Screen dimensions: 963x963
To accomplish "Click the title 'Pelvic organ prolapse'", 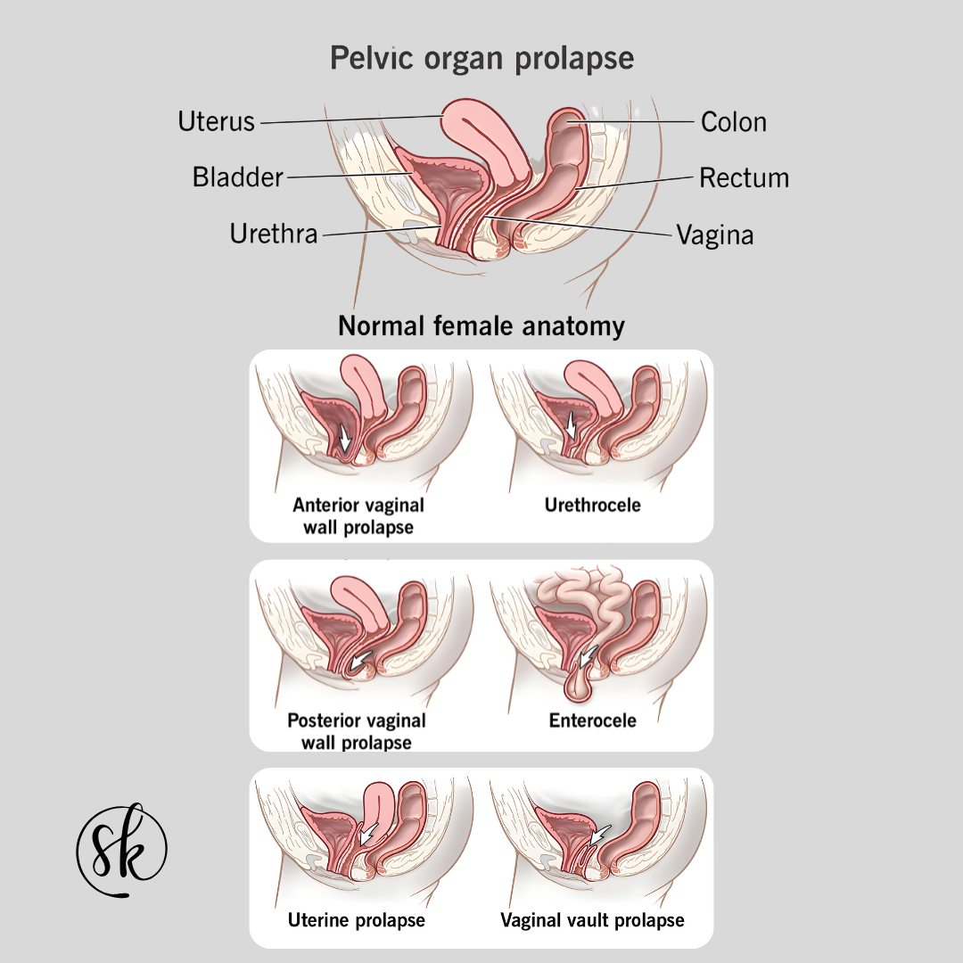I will pyautogui.click(x=481, y=58).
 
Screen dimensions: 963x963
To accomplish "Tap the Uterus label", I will pyautogui.click(x=216, y=121).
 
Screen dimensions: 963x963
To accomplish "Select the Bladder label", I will pyautogui.click(x=237, y=177).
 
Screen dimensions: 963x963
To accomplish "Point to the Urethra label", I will pyautogui.click(x=273, y=234).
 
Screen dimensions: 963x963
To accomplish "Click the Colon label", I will pyautogui.click(x=733, y=121).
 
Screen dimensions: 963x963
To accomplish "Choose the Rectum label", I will pyautogui.click(x=744, y=177).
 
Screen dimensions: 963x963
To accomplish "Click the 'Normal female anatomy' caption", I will pyautogui.click(x=481, y=325).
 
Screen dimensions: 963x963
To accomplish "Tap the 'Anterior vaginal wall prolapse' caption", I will pyautogui.click(x=358, y=515).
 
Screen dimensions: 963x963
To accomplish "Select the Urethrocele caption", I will pyautogui.click(x=592, y=505).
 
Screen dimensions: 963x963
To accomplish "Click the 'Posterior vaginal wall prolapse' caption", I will pyautogui.click(x=357, y=730).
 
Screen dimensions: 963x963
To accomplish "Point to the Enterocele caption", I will pyautogui.click(x=592, y=720).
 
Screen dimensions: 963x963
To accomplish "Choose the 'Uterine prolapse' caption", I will pyautogui.click(x=356, y=919).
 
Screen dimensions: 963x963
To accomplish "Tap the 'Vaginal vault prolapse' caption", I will pyautogui.click(x=592, y=919).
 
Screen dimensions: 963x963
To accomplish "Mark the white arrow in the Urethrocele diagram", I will pyautogui.click(x=572, y=424).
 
